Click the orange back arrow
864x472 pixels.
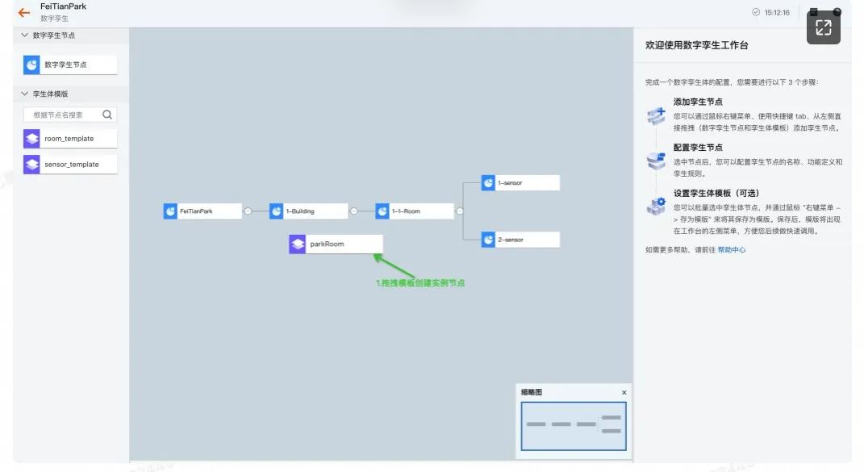pyautogui.click(x=24, y=13)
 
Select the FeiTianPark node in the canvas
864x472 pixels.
pyautogui.click(x=202, y=211)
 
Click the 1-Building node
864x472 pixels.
pyautogui.click(x=308, y=211)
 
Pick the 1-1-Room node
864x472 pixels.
pyautogui.click(x=414, y=211)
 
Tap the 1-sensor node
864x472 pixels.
pyautogui.click(x=520, y=183)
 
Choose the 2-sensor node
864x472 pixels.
pyautogui.click(x=520, y=240)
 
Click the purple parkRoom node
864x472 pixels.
pyautogui.click(x=336, y=244)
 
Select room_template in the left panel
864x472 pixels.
pyautogui.click(x=70, y=139)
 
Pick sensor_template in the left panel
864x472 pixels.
pyautogui.click(x=70, y=165)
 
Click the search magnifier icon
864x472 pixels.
pyautogui.click(x=108, y=115)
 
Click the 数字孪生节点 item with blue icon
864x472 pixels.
pyautogui.click(x=70, y=65)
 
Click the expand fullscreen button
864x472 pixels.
pyautogui.click(x=823, y=27)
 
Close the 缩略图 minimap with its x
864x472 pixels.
pyautogui.click(x=624, y=393)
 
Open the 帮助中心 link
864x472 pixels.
pyautogui.click(x=732, y=250)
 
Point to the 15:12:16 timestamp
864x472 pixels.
pyautogui.click(x=777, y=13)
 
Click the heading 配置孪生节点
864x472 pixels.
pyautogui.click(x=698, y=148)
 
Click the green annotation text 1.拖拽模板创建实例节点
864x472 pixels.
pyautogui.click(x=420, y=283)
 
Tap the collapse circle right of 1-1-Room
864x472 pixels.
pyautogui.click(x=459, y=211)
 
